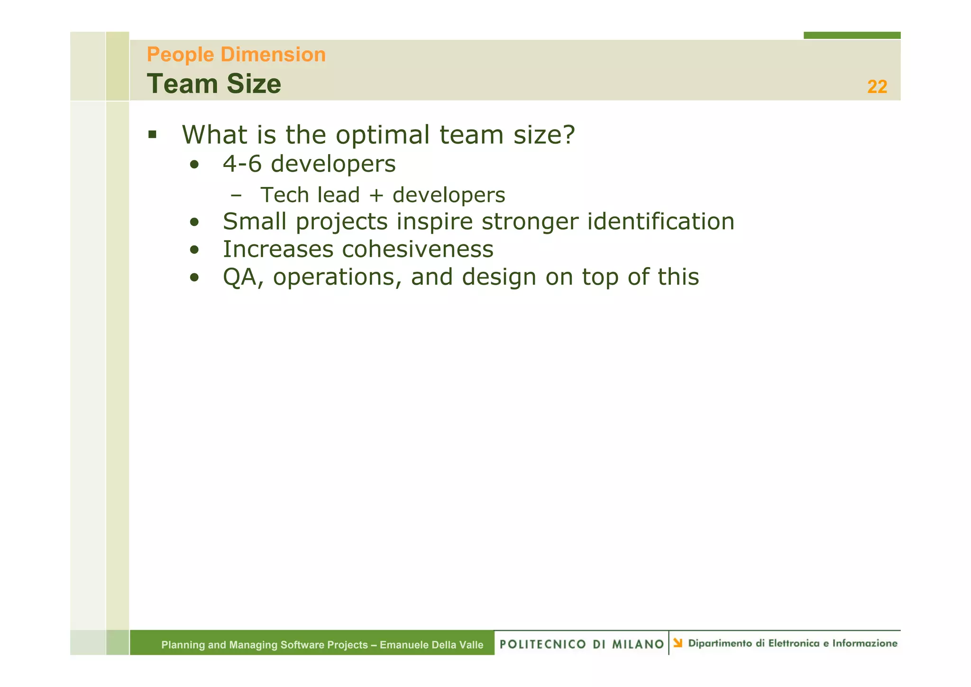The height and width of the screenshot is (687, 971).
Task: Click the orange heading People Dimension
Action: (236, 55)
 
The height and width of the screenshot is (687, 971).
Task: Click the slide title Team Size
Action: (214, 84)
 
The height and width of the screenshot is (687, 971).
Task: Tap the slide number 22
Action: (877, 87)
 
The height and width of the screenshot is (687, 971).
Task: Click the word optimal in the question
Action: (383, 135)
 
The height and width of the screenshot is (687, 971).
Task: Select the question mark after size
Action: (568, 135)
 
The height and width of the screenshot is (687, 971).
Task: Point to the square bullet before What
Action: (152, 135)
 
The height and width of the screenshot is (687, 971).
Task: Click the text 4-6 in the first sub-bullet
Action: (242, 164)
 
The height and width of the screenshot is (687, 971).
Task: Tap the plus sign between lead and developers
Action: (376, 195)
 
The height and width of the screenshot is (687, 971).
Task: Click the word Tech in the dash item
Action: (284, 195)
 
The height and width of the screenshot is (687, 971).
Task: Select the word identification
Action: (660, 222)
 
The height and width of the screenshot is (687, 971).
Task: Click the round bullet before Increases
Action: (194, 250)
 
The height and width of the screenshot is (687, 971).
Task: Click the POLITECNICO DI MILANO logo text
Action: (582, 644)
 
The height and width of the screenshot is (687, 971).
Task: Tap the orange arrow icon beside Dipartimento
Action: (678, 643)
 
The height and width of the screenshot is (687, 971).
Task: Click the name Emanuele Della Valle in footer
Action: (431, 645)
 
